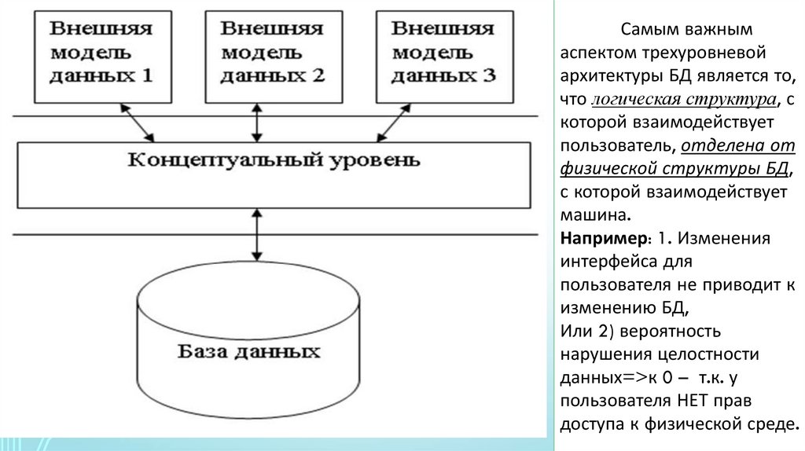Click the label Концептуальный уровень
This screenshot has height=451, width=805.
[274, 162]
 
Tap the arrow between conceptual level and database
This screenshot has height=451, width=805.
[256, 235]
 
